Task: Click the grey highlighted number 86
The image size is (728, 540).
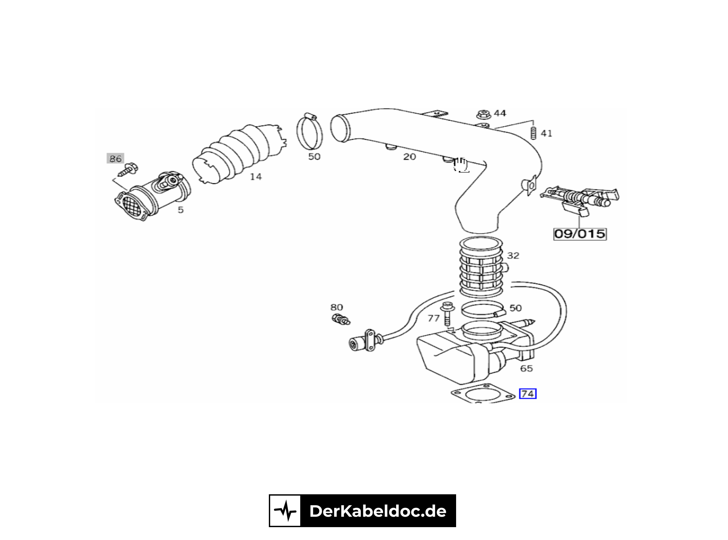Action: point(115,158)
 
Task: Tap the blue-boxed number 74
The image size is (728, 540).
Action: point(528,394)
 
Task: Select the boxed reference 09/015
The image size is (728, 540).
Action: point(580,234)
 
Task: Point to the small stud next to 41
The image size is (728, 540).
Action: point(533,133)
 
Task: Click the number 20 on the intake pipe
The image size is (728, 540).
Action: point(409,157)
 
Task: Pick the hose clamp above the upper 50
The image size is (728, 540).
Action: point(309,132)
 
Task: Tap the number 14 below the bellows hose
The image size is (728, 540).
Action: point(256,176)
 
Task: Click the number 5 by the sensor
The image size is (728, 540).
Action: point(180,210)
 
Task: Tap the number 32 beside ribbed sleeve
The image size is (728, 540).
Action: point(513,255)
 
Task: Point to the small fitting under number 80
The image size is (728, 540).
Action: point(340,319)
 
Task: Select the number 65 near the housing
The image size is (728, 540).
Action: point(526,368)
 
